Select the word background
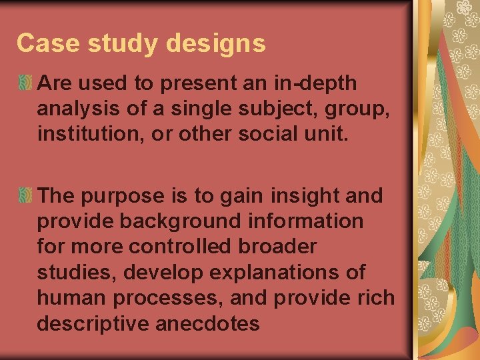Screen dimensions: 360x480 [x=178, y=221]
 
